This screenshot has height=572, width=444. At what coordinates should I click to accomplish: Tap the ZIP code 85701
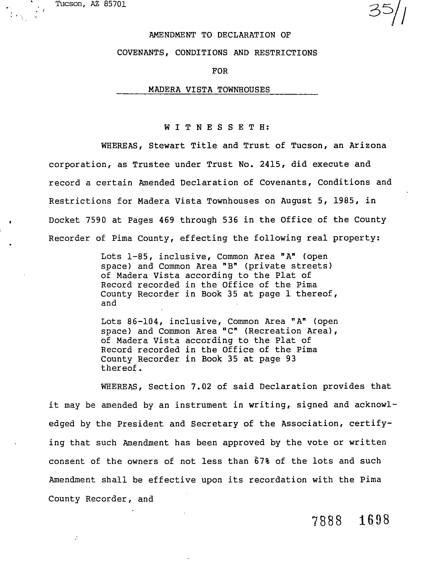tap(116, 5)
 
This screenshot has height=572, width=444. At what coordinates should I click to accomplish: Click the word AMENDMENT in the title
tap(172, 35)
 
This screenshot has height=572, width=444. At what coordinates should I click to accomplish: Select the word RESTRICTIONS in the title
tap(286, 53)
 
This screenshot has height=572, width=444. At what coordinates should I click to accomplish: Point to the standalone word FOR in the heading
tap(220, 71)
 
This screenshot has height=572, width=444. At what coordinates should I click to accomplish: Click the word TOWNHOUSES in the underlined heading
tap(243, 89)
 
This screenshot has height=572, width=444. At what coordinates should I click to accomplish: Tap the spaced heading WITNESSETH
tap(217, 127)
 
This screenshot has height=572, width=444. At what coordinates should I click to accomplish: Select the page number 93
tap(291, 359)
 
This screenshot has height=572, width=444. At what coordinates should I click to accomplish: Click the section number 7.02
tap(201, 387)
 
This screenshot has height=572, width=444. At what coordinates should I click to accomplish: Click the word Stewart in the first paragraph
tap(166, 146)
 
